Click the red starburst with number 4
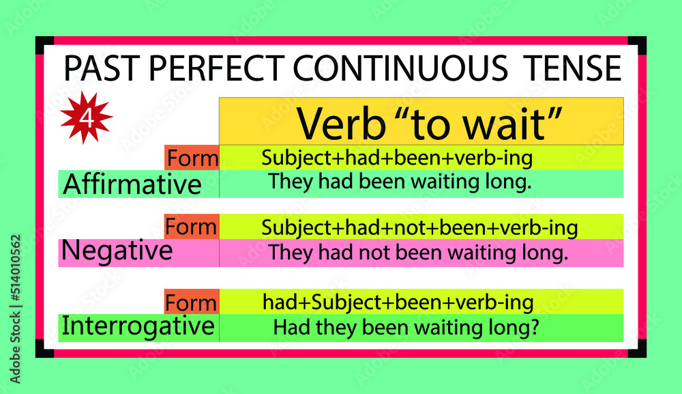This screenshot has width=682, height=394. tap(86, 118)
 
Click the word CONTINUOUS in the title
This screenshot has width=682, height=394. tap(400, 68)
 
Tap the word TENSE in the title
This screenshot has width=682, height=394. tap(572, 68)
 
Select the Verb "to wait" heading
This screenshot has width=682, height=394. tap(421, 122)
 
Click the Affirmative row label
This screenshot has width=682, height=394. tap(132, 184)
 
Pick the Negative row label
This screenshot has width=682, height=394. tap(117, 251)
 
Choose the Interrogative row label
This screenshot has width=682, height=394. tap(138, 326)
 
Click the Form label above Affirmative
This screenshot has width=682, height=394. tap(192, 158)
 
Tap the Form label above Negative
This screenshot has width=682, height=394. tap(192, 226)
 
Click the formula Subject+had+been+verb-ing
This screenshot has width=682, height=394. tap(397, 158)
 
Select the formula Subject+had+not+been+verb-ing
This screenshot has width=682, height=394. tap(419, 227)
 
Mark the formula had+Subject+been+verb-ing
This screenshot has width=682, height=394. tap(398, 302)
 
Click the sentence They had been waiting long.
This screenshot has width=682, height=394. tap(400, 182)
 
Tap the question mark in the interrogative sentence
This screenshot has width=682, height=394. tap(535, 328)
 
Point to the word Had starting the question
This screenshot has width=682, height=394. tap(288, 328)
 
